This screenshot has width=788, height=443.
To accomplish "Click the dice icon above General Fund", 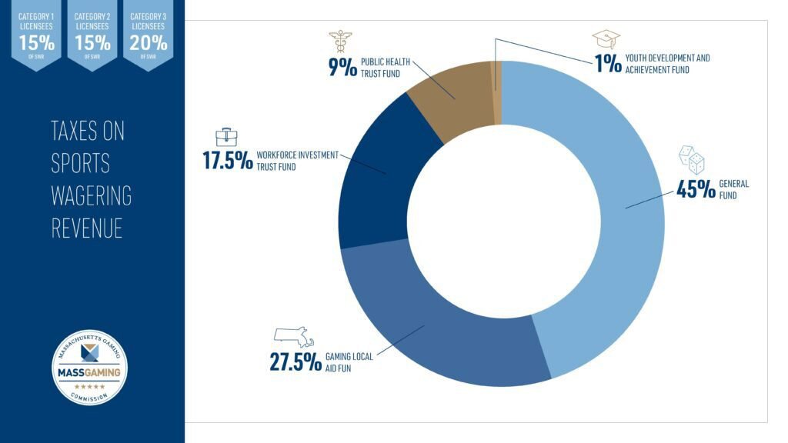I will [x=691, y=161].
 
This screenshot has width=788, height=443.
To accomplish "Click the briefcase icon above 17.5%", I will [x=226, y=137].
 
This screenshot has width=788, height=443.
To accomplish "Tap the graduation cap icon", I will [x=606, y=39].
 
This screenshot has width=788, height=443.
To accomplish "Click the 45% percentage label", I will [x=696, y=189].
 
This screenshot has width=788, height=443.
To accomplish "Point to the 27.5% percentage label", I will [x=295, y=361].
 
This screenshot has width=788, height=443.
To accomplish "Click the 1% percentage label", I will [x=607, y=63].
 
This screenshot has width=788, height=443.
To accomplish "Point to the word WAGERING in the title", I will [x=91, y=195].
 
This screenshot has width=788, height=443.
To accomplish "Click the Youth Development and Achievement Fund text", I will [x=668, y=64].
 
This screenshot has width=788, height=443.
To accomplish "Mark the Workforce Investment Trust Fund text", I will [x=297, y=160].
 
